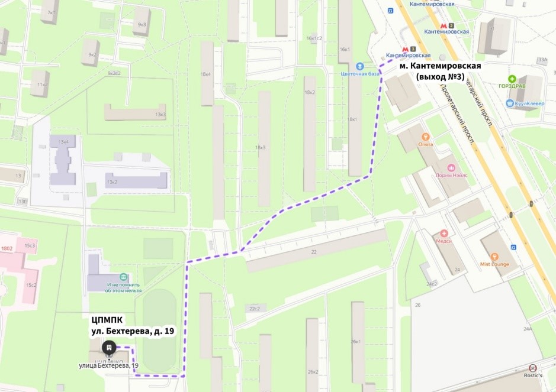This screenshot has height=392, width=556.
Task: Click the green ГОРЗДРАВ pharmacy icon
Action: pyautogui.click(x=512, y=79)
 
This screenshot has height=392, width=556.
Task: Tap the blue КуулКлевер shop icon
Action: pyautogui.click(x=509, y=103)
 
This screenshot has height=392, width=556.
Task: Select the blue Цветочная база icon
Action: pyautogui.click(x=359, y=66)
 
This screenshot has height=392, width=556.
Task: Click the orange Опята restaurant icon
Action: pyautogui.click(x=425, y=137)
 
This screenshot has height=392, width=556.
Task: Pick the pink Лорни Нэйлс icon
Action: pyautogui.click(x=452, y=167)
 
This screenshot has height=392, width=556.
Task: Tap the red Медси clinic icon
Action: pyautogui.click(x=443, y=234)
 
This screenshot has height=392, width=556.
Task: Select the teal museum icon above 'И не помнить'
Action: pyautogui.click(x=123, y=277)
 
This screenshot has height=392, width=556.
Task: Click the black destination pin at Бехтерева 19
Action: pyautogui.click(x=108, y=348)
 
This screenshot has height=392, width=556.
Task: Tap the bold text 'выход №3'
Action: pyautogui.click(x=440, y=77)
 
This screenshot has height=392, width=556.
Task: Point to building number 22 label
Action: pyautogui.click(x=314, y=252)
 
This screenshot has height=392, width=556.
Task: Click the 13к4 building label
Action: pyautogui.click(x=63, y=142)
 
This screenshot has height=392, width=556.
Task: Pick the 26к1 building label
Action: pyautogui.click(x=356, y=342)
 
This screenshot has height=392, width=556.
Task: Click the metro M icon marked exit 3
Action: pyautogui.click(x=406, y=49)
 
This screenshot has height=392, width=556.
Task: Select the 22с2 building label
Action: pyautogui.click(x=255, y=309)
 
